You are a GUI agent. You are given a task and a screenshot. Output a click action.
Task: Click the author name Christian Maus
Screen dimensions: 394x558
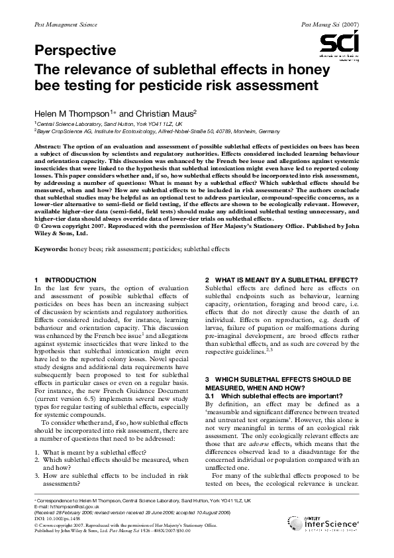coord(166,113)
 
